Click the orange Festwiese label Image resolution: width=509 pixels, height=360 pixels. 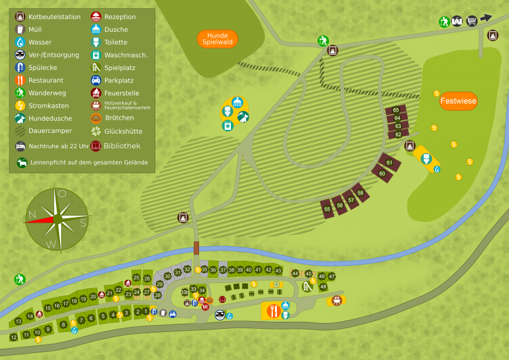[458, 100]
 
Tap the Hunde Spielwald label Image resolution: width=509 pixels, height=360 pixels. [218, 39]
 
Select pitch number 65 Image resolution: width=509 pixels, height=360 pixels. [396, 110]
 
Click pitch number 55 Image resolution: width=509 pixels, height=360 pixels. [327, 209]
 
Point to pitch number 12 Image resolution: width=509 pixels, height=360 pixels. [13, 336]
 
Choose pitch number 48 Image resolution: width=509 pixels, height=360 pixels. [323, 286]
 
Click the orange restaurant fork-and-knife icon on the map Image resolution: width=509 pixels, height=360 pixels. [274, 311]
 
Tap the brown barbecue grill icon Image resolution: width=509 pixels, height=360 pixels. [336, 300]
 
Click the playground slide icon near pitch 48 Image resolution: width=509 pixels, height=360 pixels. [307, 287]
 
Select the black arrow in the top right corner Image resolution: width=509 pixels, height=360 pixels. [486, 18]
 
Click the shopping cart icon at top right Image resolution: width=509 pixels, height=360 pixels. [471, 21]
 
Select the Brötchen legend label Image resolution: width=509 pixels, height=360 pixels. [119, 118]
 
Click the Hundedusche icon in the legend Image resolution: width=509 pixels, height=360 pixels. [20, 118]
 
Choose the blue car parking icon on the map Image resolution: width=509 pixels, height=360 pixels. [172, 314]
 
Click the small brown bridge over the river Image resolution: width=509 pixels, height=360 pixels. [197, 248]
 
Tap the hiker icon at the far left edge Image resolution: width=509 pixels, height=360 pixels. [20, 279]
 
